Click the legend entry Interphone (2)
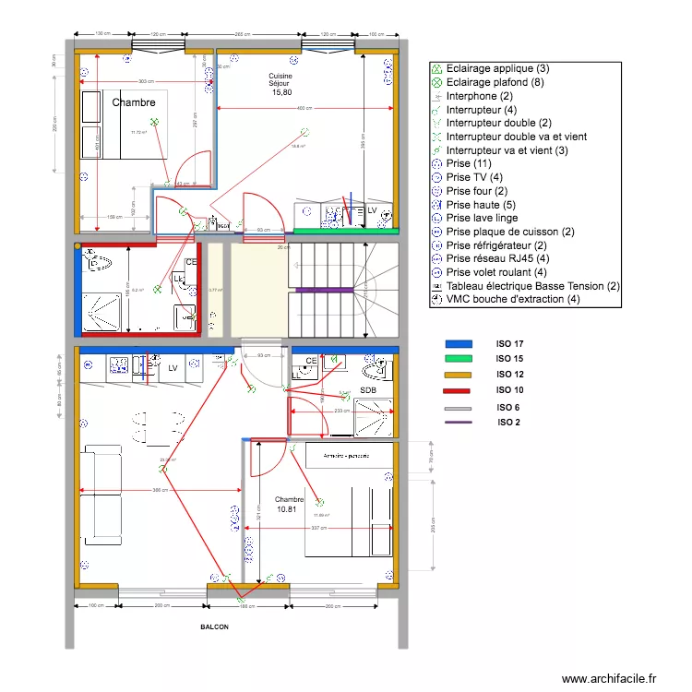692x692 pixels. [x=479, y=96]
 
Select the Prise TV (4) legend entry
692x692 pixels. [x=474, y=177]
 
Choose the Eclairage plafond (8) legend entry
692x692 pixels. [x=497, y=82]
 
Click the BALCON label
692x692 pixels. [x=215, y=626]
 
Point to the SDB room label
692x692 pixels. [x=368, y=389]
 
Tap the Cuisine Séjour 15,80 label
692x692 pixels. [x=281, y=84]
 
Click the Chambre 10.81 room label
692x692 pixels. [x=289, y=504]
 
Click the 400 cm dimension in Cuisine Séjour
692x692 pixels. [x=304, y=109]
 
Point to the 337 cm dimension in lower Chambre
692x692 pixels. [x=319, y=529]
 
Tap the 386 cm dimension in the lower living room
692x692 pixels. [x=159, y=490]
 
